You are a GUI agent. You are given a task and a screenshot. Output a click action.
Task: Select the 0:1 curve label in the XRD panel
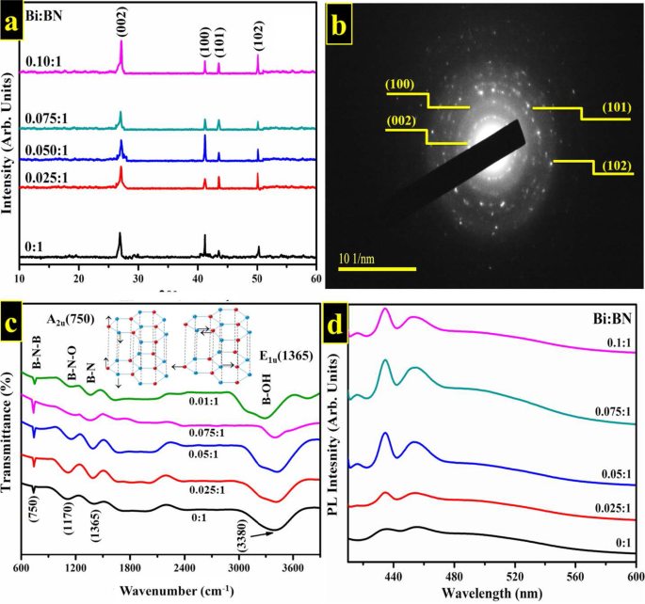tap(34, 246)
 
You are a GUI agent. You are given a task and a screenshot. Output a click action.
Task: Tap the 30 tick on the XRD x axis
tap(138, 279)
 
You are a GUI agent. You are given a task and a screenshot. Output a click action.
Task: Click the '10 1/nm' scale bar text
tap(361, 257)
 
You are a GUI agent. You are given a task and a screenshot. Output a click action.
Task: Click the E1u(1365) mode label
tap(284, 358)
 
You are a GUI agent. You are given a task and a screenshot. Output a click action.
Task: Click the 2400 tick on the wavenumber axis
tap(185, 569)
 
